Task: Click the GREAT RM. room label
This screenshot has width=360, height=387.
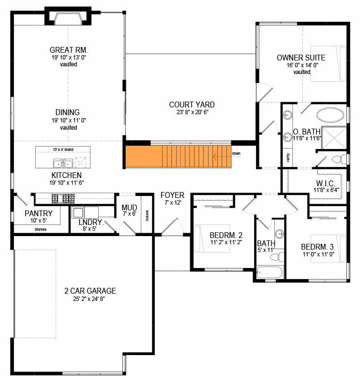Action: [71, 50]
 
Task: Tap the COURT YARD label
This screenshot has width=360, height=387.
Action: [192, 104]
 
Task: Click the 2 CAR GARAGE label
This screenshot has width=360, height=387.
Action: [90, 291]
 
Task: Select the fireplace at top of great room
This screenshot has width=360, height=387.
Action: [68, 18]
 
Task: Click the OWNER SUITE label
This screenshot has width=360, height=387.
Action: [301, 58]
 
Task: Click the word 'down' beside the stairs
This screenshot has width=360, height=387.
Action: [236, 153]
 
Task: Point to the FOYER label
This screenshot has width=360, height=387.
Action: [172, 195]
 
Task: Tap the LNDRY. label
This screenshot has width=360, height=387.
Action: [91, 223]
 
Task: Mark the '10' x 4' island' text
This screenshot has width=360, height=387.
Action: [62, 149]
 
